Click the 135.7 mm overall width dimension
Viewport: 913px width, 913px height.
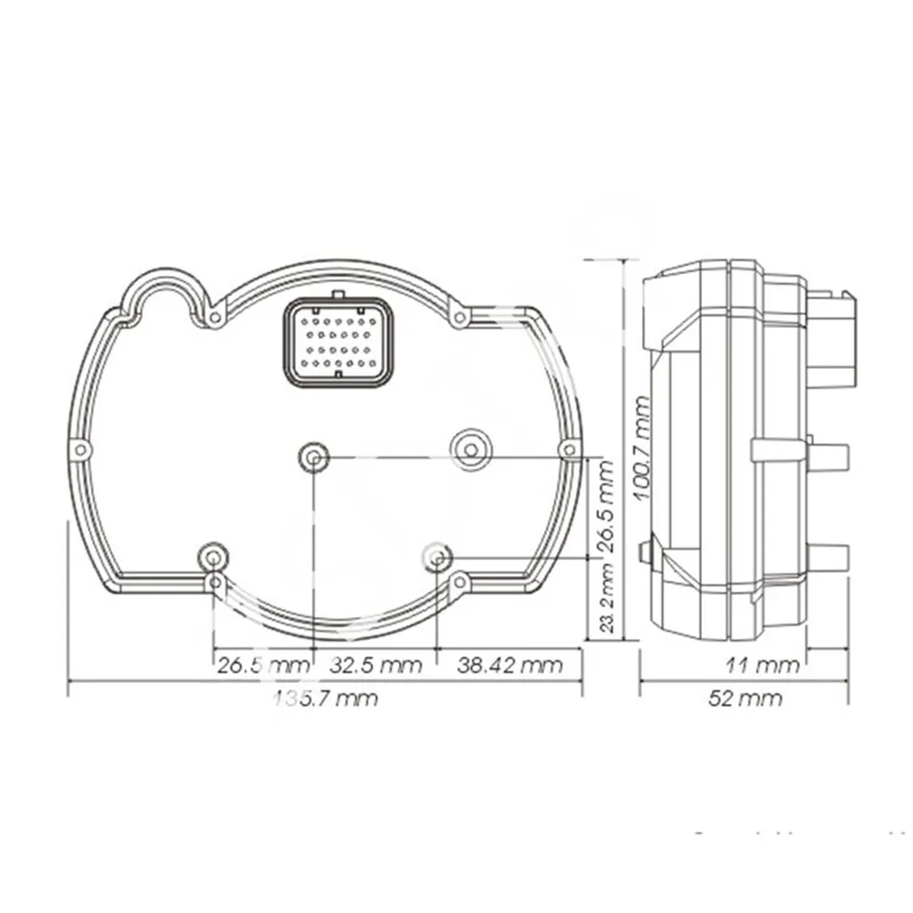tap(326, 698)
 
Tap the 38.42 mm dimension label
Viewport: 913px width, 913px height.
tap(509, 665)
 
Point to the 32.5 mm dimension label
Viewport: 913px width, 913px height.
tap(375, 665)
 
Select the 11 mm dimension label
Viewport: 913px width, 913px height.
tap(763, 665)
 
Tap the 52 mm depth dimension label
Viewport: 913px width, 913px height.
tap(745, 698)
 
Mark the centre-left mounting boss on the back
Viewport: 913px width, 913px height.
tap(314, 456)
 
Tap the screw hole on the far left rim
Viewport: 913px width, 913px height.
tap(80, 449)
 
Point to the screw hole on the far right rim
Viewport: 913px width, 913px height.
tap(570, 448)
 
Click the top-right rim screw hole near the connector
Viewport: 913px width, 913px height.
tap(460, 317)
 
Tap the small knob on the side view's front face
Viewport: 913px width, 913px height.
tap(646, 551)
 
